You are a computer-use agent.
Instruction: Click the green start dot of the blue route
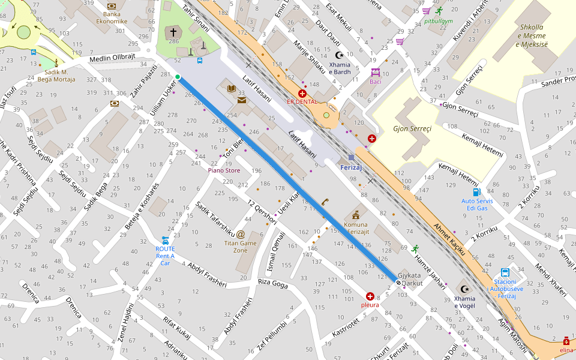[178, 76]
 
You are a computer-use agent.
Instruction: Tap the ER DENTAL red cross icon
[302, 94]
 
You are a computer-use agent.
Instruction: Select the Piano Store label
[224, 170]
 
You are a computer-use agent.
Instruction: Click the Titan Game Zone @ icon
[241, 234]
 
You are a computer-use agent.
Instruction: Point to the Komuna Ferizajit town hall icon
[356, 214]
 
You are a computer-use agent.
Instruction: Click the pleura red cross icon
[370, 296]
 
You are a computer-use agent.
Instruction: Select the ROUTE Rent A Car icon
[165, 241]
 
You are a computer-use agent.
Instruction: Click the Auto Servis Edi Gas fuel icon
[476, 192]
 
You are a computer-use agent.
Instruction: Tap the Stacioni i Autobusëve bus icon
[505, 272]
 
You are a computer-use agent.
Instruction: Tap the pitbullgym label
[438, 21]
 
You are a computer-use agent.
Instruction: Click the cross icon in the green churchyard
[173, 32]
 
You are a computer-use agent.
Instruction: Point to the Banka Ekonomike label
[112, 17]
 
